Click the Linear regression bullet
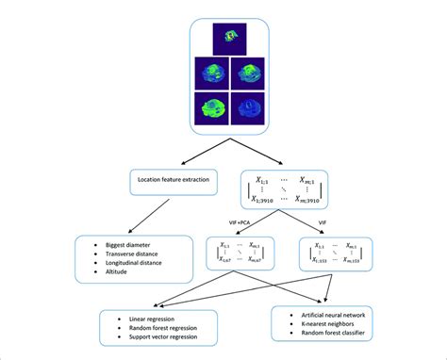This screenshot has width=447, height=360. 142,319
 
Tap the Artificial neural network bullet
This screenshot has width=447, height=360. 333,312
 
